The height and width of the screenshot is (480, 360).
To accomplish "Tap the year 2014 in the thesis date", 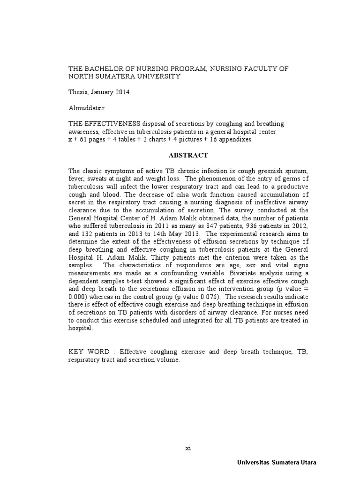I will click(x=120, y=92).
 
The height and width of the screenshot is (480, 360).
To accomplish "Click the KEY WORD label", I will click(x=89, y=352).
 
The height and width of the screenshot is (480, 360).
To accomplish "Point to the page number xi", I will click(x=188, y=448).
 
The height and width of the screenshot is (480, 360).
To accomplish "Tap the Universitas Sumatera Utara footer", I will click(x=277, y=462).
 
